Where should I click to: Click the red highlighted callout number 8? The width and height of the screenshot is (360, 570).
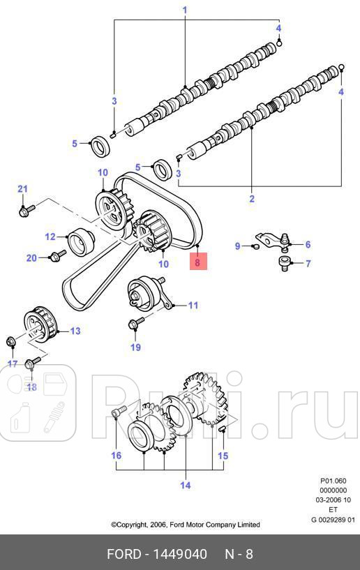[x=197, y=262]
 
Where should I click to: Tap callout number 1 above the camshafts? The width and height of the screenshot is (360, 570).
[x=185, y=10]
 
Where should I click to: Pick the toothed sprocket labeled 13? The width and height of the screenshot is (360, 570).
[x=40, y=324]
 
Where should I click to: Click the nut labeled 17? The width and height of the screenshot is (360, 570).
[x=11, y=341]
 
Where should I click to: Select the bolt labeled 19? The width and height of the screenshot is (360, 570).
[x=136, y=322]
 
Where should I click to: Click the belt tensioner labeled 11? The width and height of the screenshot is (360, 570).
[x=147, y=293]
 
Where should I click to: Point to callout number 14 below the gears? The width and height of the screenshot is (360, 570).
[x=186, y=485]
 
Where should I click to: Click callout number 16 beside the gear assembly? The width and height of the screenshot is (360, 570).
[x=116, y=455]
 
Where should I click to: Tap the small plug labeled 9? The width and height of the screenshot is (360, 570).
[x=255, y=247]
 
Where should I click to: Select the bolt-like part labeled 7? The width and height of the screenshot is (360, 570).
[x=285, y=262]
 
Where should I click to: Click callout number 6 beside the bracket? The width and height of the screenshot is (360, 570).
[x=308, y=244]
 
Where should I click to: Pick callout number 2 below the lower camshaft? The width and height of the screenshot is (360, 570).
[x=252, y=198]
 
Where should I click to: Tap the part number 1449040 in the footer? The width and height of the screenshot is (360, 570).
[x=179, y=554]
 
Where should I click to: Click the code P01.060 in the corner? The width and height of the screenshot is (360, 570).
[x=333, y=481]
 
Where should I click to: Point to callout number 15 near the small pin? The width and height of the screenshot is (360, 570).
[x=223, y=456]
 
